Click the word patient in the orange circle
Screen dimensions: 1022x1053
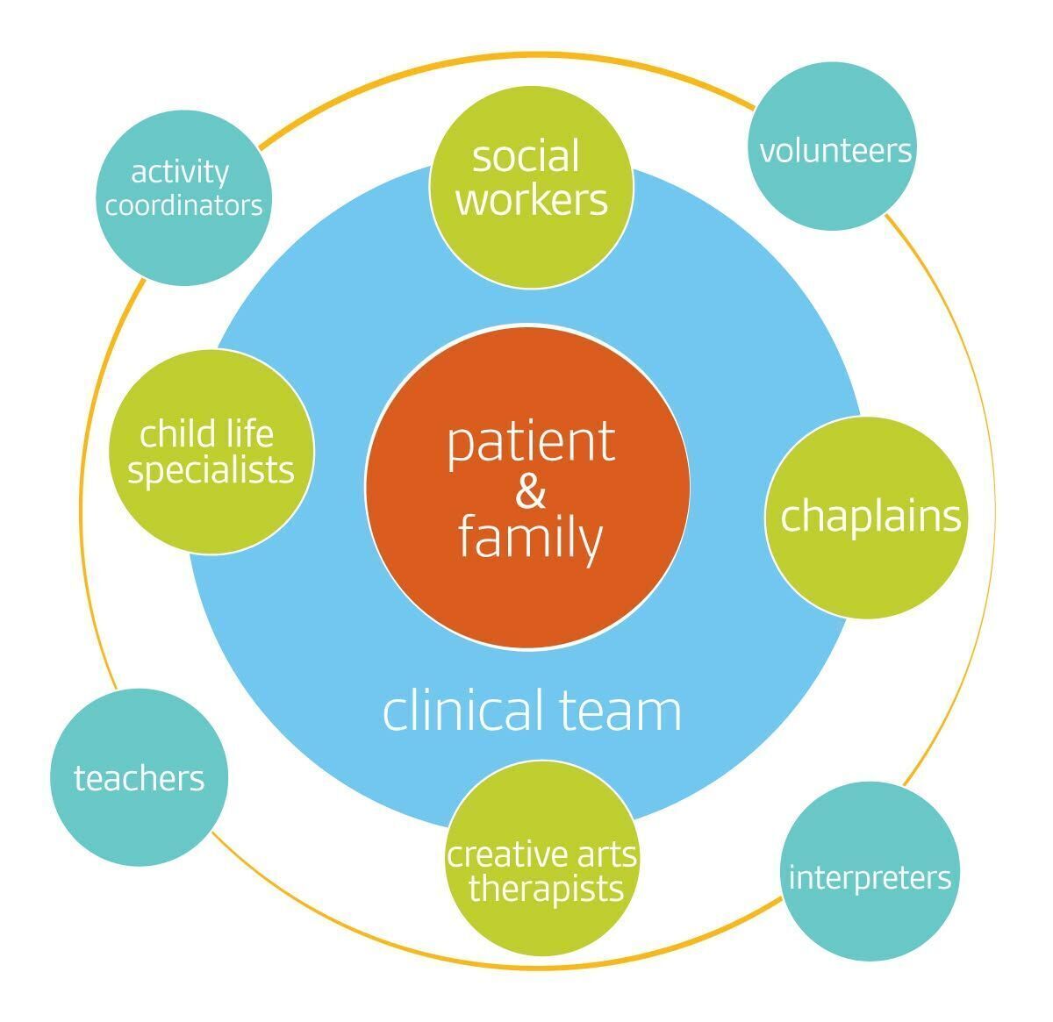pos(531,443)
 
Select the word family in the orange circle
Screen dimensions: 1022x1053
pos(530,538)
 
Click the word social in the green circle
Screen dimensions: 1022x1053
pos(526,156)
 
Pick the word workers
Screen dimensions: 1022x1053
pos(532,199)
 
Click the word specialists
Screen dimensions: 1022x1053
pos(211,470)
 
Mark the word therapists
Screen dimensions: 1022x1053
pos(546,889)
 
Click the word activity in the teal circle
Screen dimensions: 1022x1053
pos(179,172)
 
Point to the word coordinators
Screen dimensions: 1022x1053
pos(183,205)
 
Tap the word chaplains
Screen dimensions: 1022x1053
pos(870,516)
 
